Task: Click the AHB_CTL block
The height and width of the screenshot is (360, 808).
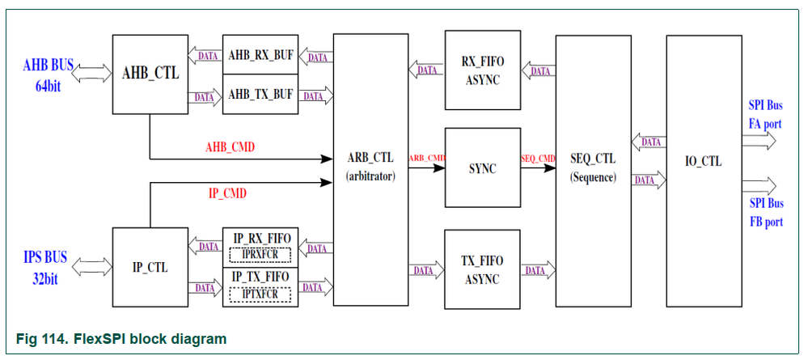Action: pyautogui.click(x=150, y=74)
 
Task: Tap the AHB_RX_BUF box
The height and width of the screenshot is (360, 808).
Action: pyautogui.click(x=260, y=55)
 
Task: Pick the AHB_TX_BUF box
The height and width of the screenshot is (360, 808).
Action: pyautogui.click(x=260, y=94)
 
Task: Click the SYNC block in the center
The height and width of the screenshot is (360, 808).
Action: pyautogui.click(x=482, y=168)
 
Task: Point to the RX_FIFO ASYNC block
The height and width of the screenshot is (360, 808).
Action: pyautogui.click(x=482, y=71)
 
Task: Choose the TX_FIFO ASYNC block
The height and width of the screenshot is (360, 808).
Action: pyautogui.click(x=482, y=269)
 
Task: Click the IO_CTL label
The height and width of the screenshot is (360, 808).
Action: pyautogui.click(x=702, y=161)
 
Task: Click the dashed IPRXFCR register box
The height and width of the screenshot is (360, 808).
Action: pyautogui.click(x=260, y=254)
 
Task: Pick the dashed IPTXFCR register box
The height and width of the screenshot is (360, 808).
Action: pyautogui.click(x=260, y=293)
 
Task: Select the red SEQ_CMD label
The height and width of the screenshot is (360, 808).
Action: pyautogui.click(x=538, y=158)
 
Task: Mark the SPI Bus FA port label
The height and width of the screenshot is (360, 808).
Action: pyautogui.click(x=765, y=113)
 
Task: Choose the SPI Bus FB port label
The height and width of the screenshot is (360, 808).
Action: pyautogui.click(x=765, y=212)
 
